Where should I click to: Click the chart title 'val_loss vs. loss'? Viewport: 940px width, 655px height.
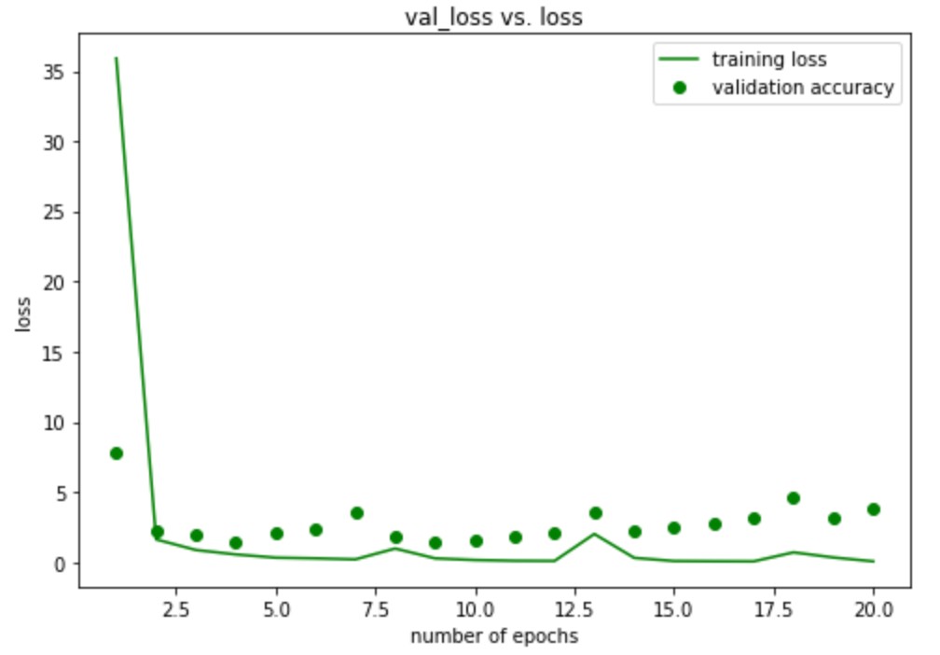[x=493, y=17]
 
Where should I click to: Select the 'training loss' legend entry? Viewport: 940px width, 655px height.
[x=769, y=60]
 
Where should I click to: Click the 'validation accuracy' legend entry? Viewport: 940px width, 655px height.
[x=803, y=88]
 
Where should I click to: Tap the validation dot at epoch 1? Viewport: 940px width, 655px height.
[x=117, y=453]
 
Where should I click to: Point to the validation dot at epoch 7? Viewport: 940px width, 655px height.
[x=356, y=513]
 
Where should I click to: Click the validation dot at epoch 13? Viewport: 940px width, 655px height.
[x=595, y=513]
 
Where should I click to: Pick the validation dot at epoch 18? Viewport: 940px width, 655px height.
[x=794, y=498]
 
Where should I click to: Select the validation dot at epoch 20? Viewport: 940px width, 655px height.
[x=874, y=509]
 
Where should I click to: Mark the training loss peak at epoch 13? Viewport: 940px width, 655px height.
[x=595, y=534]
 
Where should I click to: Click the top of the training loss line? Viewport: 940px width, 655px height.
[x=116, y=58]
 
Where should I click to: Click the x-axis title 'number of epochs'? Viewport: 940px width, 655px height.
[x=493, y=636]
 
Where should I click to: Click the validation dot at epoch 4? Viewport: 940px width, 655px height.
[x=236, y=543]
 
